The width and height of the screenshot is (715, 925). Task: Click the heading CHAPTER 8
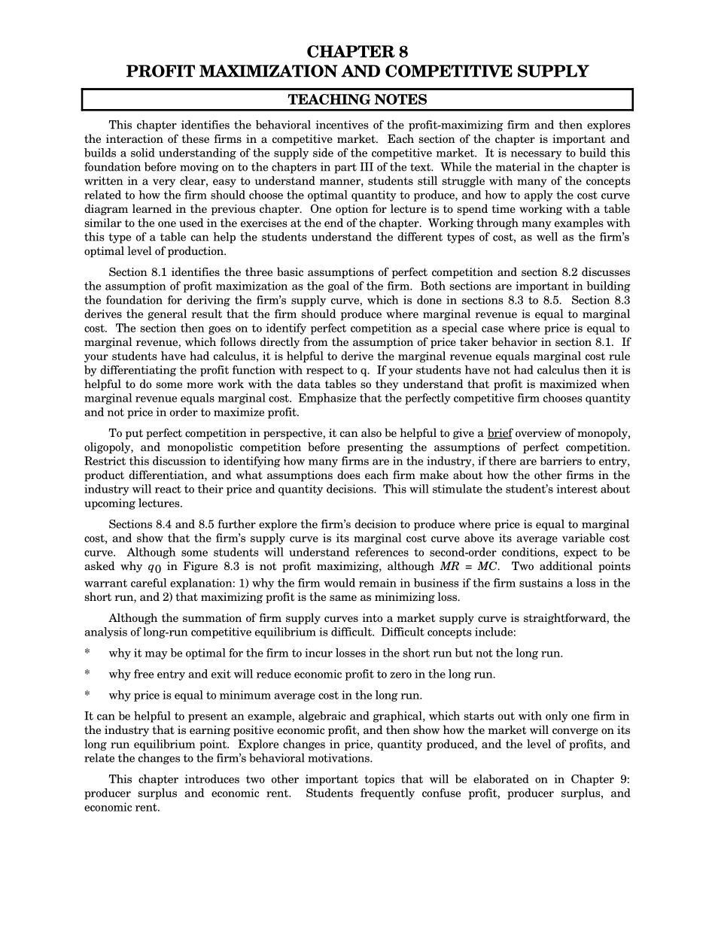click(357, 52)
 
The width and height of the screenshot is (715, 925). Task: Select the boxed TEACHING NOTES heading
click(357, 100)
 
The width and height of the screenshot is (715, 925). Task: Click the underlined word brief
click(500, 433)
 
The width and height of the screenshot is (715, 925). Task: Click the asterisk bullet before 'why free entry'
click(87, 675)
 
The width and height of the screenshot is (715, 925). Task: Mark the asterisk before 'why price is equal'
click(87, 696)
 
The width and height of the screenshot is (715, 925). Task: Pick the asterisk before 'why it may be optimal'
click(87, 654)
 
